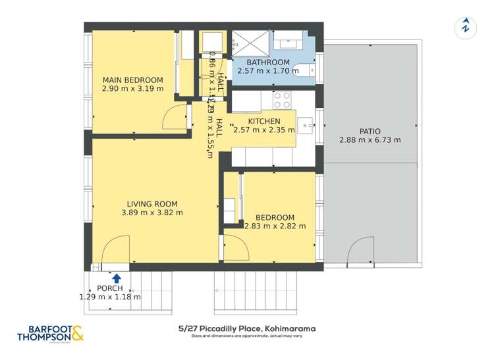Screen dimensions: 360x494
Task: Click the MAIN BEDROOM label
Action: tap(132, 80)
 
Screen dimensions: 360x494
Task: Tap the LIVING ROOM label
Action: tap(152, 204)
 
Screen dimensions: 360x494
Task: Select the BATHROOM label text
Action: tap(263, 63)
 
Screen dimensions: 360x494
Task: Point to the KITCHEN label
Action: tap(264, 121)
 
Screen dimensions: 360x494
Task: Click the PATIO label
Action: tap(370, 131)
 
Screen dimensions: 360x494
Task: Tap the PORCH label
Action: tap(110, 289)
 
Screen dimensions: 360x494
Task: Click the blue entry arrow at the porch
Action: tap(117, 278)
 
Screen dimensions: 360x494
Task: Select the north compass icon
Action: tap(466, 28)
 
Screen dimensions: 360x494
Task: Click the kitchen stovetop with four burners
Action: tap(282, 100)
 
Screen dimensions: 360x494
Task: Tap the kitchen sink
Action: tap(306, 124)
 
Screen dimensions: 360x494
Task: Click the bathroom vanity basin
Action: tap(288, 42)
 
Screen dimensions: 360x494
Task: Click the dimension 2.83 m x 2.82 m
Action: tap(275, 226)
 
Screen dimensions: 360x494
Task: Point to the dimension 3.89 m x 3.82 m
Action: tap(152, 213)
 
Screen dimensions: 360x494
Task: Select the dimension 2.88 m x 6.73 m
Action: tap(370, 140)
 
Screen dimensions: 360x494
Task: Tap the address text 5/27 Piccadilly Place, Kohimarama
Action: tap(247, 328)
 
